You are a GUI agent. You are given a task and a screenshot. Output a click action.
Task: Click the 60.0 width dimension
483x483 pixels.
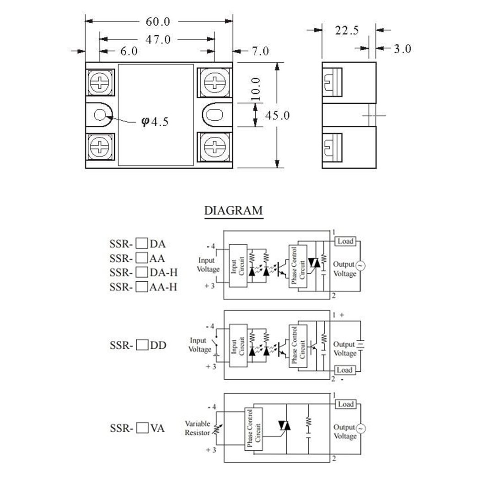tap(158, 21)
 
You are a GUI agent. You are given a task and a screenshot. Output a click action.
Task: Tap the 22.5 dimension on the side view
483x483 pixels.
tap(347, 30)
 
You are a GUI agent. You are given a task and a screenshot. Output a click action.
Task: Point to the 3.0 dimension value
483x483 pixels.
tap(402, 48)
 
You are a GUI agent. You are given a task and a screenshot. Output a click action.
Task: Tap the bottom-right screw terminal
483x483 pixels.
tap(215, 147)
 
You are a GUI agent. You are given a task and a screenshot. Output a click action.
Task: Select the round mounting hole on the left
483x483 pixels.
tap(100, 114)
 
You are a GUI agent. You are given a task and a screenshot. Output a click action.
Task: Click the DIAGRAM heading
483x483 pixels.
tap(233, 211)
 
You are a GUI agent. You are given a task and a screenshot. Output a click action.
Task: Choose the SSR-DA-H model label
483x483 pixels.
tap(143, 273)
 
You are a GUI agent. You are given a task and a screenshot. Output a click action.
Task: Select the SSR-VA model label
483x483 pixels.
tap(137, 429)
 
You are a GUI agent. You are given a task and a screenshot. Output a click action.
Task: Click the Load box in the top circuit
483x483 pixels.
tap(345, 241)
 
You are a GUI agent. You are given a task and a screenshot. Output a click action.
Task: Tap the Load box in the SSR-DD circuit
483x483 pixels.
tap(345, 370)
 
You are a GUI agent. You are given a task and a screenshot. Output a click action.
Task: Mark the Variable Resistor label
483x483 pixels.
tap(197, 428)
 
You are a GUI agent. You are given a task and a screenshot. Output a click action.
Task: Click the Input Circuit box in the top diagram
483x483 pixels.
tap(237, 265)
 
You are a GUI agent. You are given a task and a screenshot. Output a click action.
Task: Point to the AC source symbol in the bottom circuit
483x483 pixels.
tap(360, 429)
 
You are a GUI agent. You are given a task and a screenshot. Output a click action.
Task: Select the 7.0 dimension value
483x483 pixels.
tap(260, 51)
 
